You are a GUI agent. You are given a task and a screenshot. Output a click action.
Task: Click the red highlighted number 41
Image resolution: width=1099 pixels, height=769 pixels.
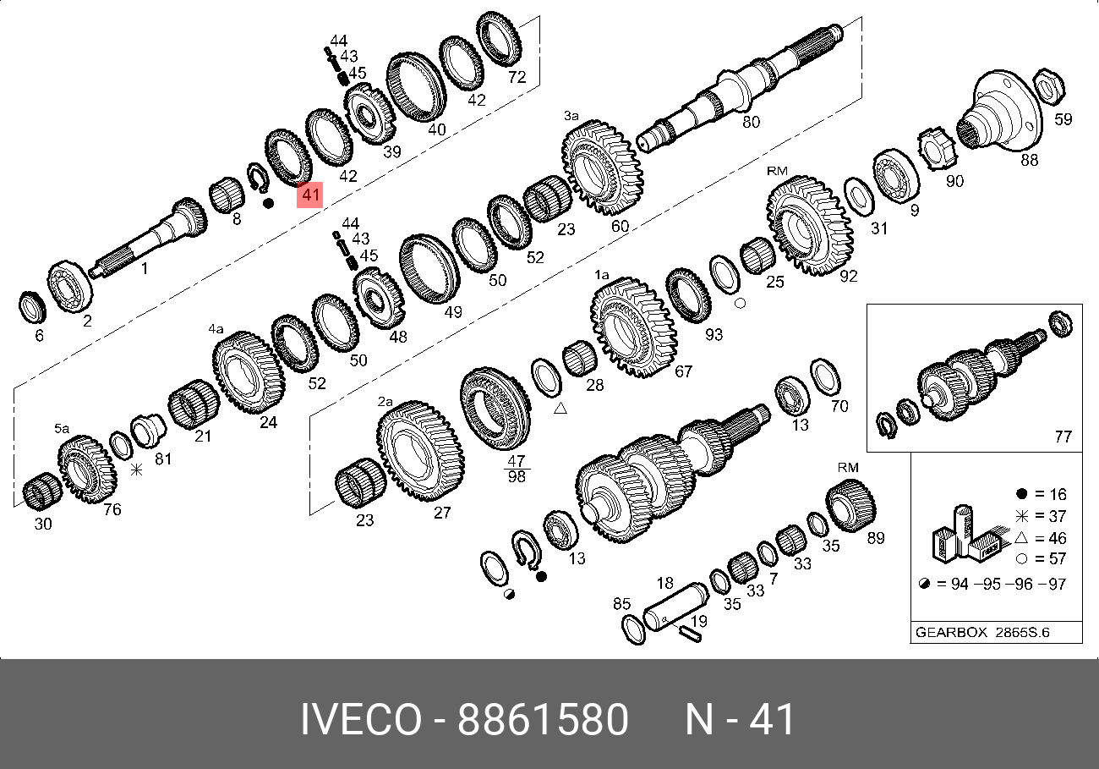[x=309, y=195]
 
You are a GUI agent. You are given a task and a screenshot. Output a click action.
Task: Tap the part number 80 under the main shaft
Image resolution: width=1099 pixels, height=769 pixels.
[x=751, y=122]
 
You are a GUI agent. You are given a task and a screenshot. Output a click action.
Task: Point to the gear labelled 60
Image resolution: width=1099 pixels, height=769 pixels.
[x=603, y=167]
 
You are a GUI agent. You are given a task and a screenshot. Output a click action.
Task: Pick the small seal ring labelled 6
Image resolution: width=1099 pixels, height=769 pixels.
[x=32, y=307]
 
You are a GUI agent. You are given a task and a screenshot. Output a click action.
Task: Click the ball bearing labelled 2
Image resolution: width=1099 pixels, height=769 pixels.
[x=69, y=287]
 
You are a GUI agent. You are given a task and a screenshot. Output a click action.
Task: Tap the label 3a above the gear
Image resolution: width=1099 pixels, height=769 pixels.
[x=571, y=116]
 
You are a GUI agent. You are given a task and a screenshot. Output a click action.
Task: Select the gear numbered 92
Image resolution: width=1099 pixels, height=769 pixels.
[x=810, y=226]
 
